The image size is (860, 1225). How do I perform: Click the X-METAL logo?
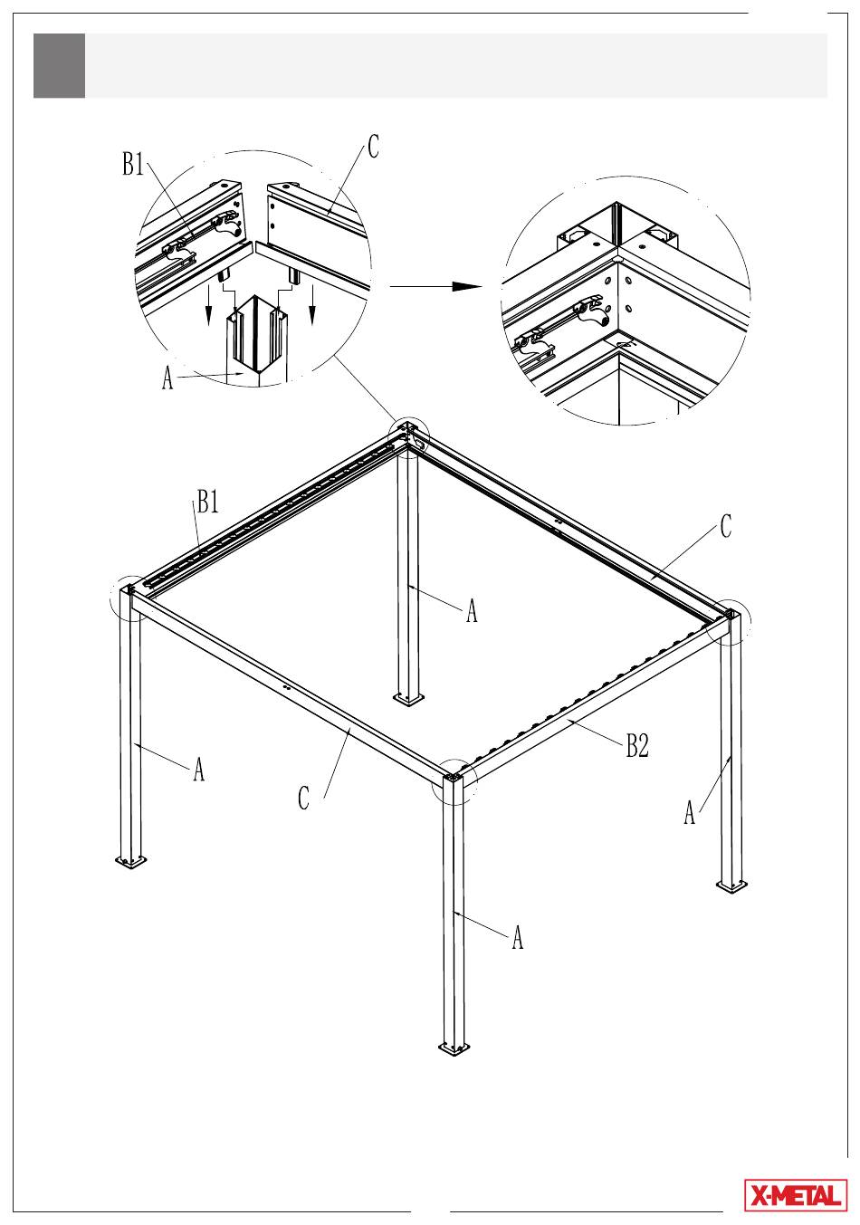[796, 1195]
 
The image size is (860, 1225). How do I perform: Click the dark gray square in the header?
[59, 65]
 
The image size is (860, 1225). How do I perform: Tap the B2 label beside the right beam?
[637, 745]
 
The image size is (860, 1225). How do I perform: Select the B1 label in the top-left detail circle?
[133, 164]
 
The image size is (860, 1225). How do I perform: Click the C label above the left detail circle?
[373, 147]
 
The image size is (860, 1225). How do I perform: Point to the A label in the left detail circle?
[167, 378]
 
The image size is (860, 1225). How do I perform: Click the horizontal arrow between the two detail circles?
[435, 286]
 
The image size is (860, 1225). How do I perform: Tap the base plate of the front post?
[454, 1048]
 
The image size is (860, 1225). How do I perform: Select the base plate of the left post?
[131, 861]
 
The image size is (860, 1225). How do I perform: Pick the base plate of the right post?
[731, 885]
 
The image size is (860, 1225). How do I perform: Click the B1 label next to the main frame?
[207, 501]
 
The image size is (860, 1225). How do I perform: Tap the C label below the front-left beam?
[303, 798]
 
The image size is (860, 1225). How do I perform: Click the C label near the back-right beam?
[725, 526]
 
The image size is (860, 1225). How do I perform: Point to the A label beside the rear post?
[472, 610]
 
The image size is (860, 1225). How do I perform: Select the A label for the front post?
[517, 937]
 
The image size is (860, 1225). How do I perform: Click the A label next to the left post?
[199, 769]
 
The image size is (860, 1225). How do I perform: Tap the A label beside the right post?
[690, 812]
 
